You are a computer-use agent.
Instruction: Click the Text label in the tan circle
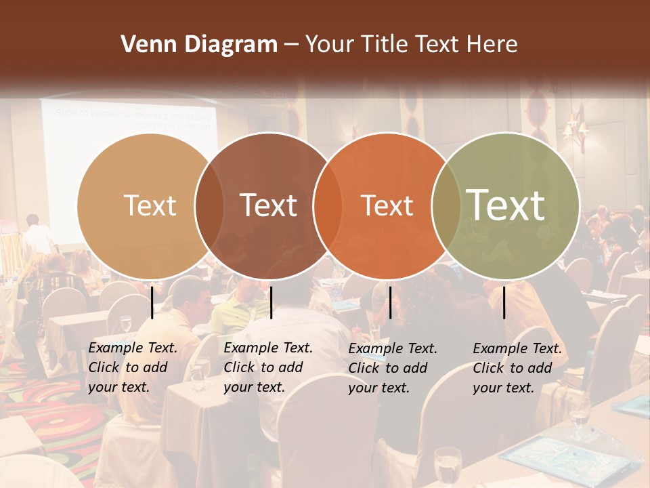coord(150,205)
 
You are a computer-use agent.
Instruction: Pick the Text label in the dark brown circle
coord(269,205)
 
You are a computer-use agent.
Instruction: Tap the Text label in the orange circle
coord(387,205)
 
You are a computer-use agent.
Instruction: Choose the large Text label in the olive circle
coord(506,205)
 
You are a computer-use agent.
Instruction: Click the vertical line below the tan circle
coord(152,302)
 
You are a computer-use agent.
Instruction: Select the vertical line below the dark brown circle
coord(271,302)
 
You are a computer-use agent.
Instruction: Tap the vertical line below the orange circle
coord(390,302)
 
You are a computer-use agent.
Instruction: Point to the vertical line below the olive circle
coord(504,302)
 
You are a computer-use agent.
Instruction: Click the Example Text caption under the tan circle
coord(133,367)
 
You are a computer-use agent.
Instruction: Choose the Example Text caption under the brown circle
coord(268,367)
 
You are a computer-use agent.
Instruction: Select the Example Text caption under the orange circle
coord(393,368)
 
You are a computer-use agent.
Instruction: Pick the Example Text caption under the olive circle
coord(517,368)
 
